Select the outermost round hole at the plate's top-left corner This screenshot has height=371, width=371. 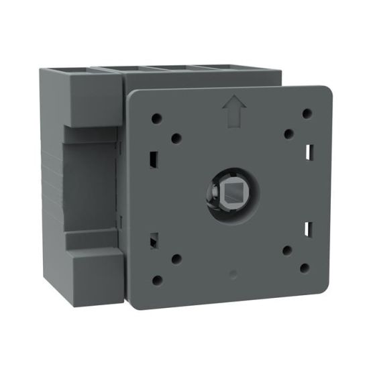click(156, 117)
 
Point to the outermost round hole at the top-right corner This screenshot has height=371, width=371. click(306, 113)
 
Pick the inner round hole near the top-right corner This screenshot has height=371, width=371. click(287, 133)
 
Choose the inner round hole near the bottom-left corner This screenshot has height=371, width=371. click(177, 258)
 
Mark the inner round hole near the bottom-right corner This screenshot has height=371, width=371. click(286, 250)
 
